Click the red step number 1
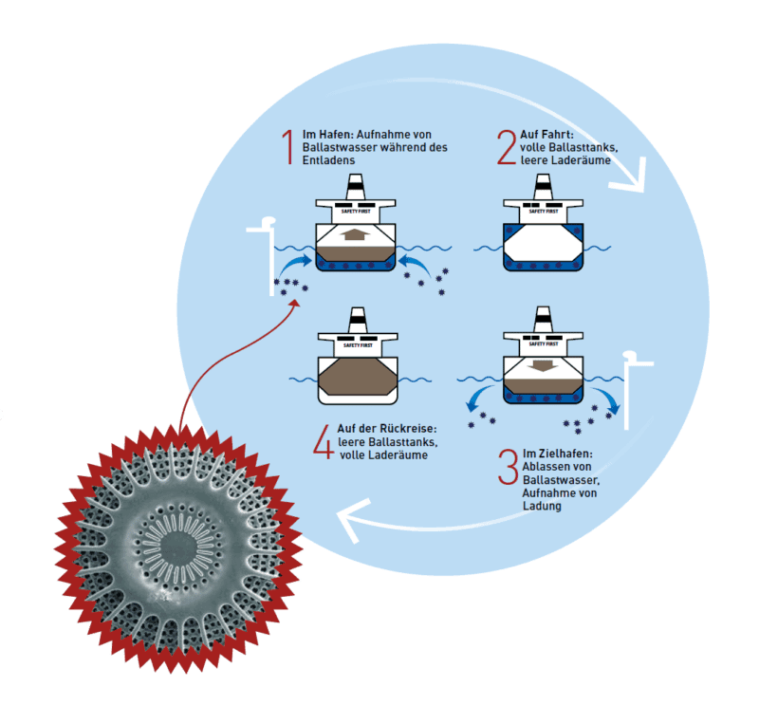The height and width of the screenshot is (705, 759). [288, 147]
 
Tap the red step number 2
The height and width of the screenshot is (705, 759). [507, 147]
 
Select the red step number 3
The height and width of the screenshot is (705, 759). [509, 467]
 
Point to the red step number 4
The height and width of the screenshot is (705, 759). [324, 441]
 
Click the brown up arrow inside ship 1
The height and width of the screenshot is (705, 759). [355, 234]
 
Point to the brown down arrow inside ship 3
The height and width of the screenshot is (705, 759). [543, 365]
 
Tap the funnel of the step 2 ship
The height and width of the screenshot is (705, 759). [543, 186]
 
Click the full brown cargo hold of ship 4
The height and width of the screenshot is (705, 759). [358, 377]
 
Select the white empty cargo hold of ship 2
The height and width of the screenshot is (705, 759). [543, 243]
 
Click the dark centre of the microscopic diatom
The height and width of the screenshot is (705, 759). [178, 547]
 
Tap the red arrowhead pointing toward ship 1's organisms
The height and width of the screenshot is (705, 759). [294, 304]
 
